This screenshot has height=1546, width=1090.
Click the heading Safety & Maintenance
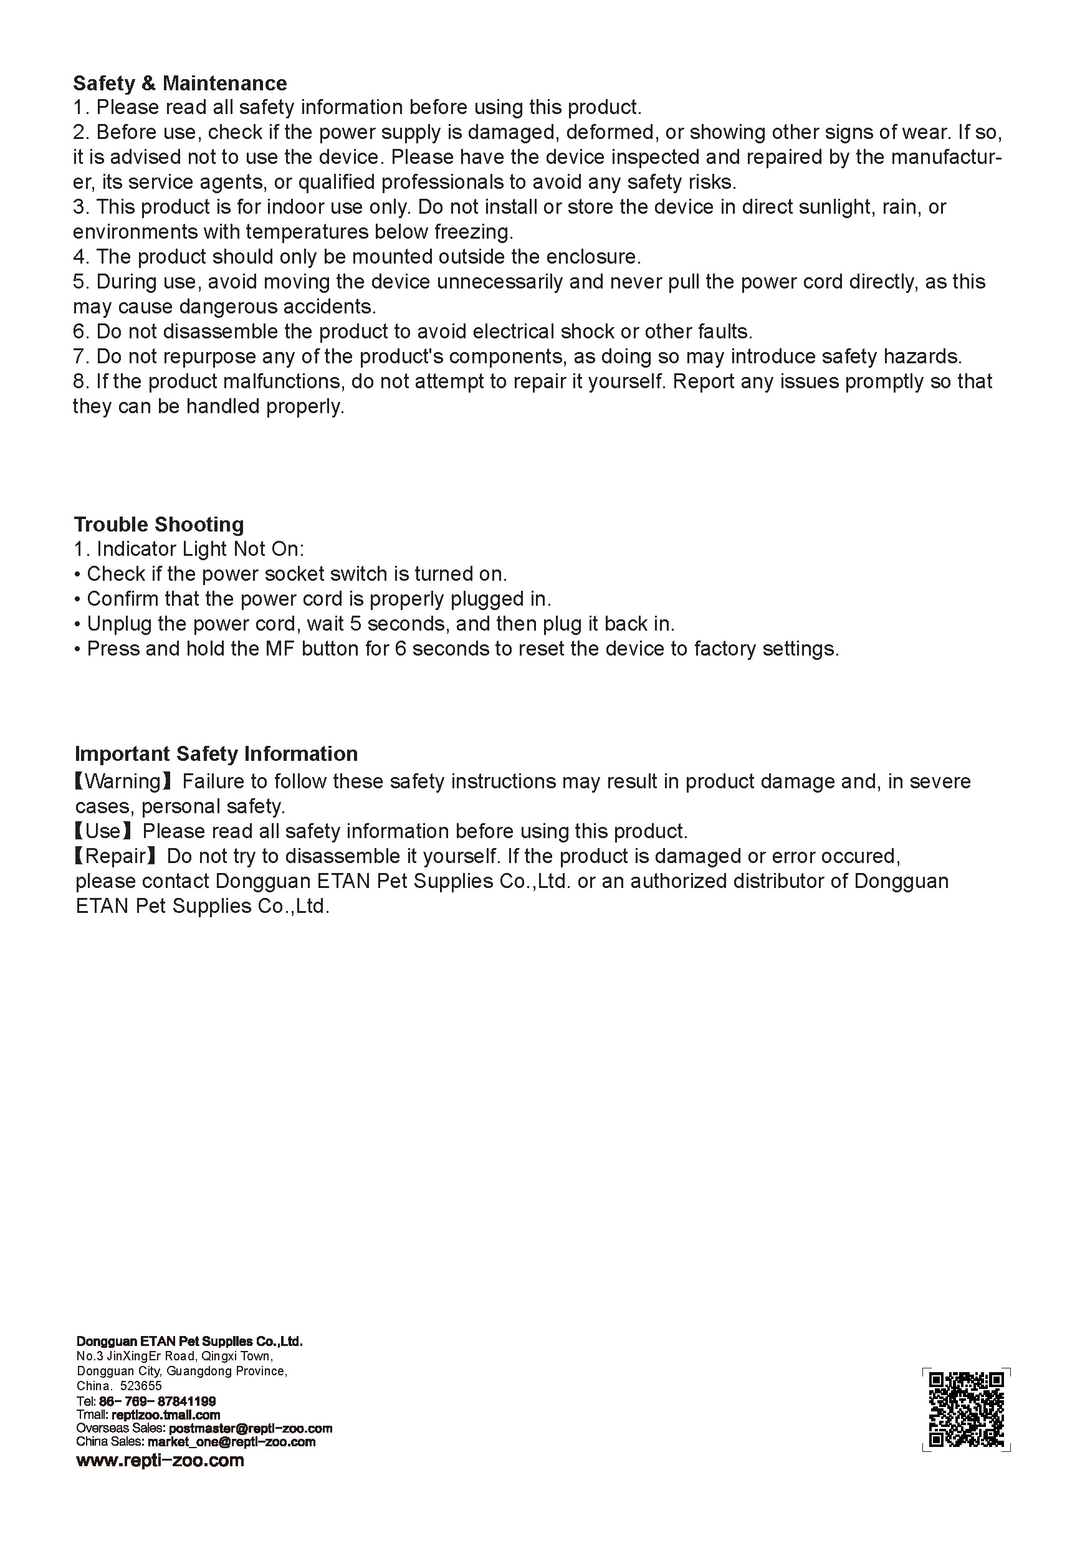179,83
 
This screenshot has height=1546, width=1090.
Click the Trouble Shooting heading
159,524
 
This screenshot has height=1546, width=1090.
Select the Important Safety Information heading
216,753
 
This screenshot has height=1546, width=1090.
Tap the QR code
966,1409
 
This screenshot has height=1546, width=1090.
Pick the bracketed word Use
103,832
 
